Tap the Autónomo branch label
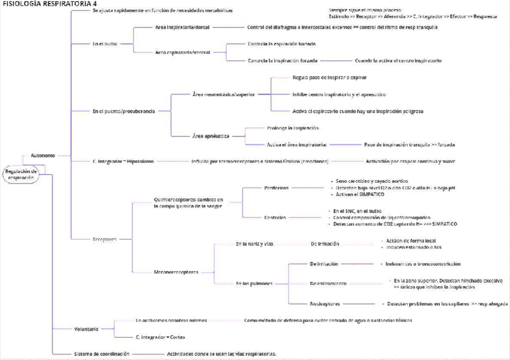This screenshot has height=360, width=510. coord(43,156)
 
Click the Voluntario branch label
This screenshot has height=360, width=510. coord(86,329)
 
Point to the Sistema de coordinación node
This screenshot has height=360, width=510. coord(101,354)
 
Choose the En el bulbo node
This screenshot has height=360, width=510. coord(105,44)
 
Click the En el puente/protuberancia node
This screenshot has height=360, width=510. coord(123,111)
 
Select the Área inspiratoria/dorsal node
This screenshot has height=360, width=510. coord(182,28)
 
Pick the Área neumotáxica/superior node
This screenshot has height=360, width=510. coord(223,94)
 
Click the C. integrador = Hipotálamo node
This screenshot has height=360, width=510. coord(123,161)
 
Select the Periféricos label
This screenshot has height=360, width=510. coord(277,188)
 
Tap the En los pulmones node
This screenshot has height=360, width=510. coord(254,284)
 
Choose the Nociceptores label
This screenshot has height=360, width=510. coord(325,304)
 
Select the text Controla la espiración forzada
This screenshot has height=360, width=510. coord(282,44)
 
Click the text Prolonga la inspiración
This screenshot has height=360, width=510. coord(293,128)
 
